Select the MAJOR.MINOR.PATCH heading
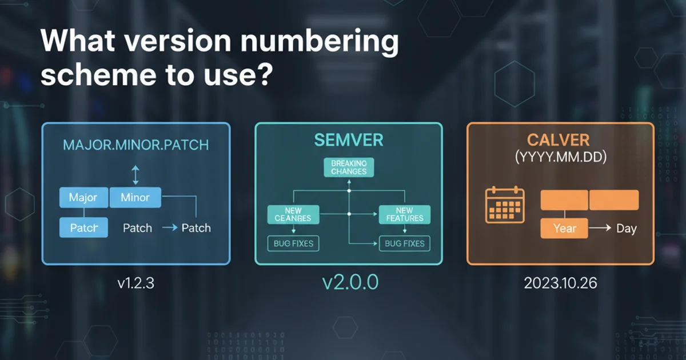135,144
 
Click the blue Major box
83,198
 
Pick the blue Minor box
135,198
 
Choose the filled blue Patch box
84,228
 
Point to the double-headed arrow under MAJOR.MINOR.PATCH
135,174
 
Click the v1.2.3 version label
136,283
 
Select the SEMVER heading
348,139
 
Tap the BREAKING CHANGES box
348,167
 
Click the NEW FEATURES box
404,214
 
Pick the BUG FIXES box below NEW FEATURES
404,243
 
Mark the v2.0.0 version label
348,283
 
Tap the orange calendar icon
505,205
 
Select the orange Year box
564,229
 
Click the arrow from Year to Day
600,229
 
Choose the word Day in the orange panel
627,229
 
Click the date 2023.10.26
560,283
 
